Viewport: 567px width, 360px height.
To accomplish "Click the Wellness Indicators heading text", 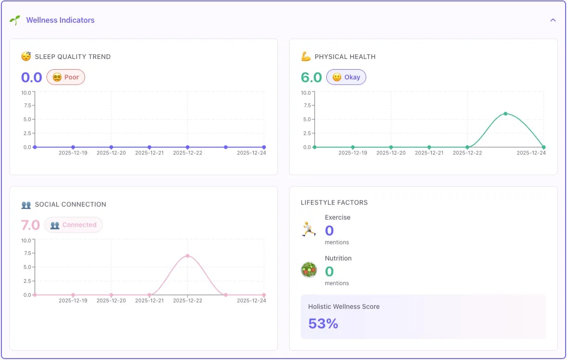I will coord(60,20).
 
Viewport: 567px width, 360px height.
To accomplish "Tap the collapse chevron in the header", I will coord(553,20).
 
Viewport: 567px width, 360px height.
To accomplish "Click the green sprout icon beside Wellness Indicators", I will coord(15,20).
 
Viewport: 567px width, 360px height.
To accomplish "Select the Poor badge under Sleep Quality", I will coord(66,77).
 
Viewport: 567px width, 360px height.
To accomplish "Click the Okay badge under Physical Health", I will coord(346,77).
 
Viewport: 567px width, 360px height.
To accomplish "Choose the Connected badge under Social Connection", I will coord(73,225).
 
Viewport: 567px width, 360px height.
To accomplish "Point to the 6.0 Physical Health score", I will coord(311,77).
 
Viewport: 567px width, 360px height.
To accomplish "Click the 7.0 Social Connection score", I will coord(31,225).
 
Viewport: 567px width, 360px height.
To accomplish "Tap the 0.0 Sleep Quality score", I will coord(32,77).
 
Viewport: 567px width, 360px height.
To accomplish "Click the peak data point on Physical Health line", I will coord(505,114).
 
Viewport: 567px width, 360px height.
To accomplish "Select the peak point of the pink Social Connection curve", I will coord(187,256).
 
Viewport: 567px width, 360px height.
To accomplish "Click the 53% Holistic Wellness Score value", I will coord(323,323).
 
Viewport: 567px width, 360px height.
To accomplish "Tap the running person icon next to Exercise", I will coord(309,229).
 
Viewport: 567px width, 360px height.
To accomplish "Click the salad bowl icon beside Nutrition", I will coord(309,270).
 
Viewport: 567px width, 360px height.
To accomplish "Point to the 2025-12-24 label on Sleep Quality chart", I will coord(251,153).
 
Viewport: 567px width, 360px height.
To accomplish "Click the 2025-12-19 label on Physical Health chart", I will coord(353,153).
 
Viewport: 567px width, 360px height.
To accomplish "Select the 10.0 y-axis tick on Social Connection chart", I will coord(26,240).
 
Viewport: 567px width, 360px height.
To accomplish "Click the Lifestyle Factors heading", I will coord(334,203).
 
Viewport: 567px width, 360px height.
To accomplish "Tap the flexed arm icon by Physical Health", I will coord(306,57).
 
